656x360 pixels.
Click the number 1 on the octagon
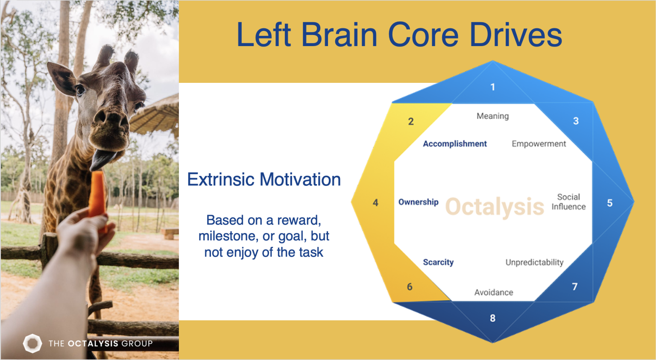[493, 87]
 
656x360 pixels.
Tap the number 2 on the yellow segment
[411, 121]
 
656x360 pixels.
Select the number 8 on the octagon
[492, 318]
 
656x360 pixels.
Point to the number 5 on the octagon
[610, 203]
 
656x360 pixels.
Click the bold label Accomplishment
[455, 144]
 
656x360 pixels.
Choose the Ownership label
[419, 202]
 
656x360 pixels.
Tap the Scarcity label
[439, 262]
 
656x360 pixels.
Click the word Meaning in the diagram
[493, 116]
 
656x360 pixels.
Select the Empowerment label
[539, 144]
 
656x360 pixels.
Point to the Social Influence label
[568, 202]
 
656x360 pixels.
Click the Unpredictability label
[534, 262]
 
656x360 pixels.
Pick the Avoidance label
[494, 293]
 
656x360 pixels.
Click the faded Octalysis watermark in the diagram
[495, 207]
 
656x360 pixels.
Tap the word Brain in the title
[339, 35]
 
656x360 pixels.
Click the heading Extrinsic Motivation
[264, 179]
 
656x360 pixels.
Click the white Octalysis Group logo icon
[32, 343]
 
